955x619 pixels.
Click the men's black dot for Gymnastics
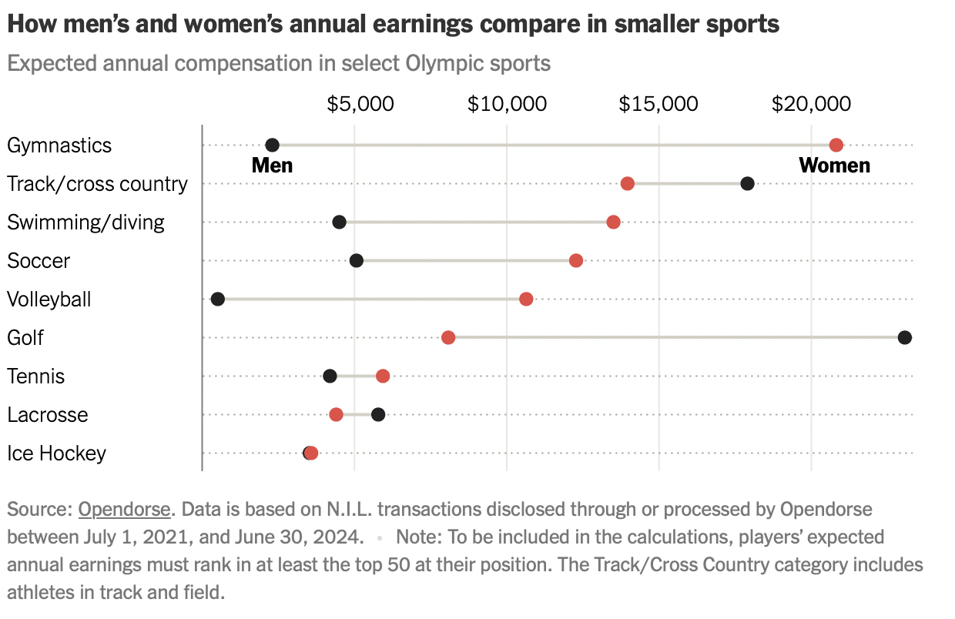coord(272,145)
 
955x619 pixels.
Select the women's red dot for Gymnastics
coord(836,145)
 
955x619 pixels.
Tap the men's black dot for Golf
coord(904,337)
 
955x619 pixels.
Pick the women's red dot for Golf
coord(448,337)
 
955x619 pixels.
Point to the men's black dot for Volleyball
coord(218,299)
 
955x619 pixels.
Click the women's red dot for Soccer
coord(575,260)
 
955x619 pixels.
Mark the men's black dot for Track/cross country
coord(747,183)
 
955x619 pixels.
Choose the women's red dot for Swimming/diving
coord(613,222)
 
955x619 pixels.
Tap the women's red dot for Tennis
coord(383,376)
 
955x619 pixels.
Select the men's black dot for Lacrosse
coord(378,414)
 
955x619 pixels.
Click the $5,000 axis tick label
coord(360,104)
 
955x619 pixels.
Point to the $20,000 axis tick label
coord(811,104)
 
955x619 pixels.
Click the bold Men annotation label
coord(272,166)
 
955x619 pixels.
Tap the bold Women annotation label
coord(834,166)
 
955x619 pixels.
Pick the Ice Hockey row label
coord(56,453)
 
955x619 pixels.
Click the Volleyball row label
coord(49,299)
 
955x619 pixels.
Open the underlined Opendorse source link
coord(124,509)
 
